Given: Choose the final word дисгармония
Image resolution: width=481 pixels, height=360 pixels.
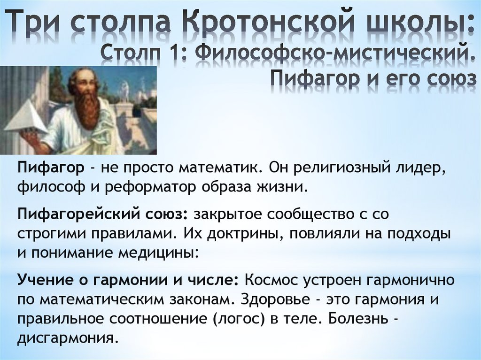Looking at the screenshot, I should [x=66, y=338].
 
